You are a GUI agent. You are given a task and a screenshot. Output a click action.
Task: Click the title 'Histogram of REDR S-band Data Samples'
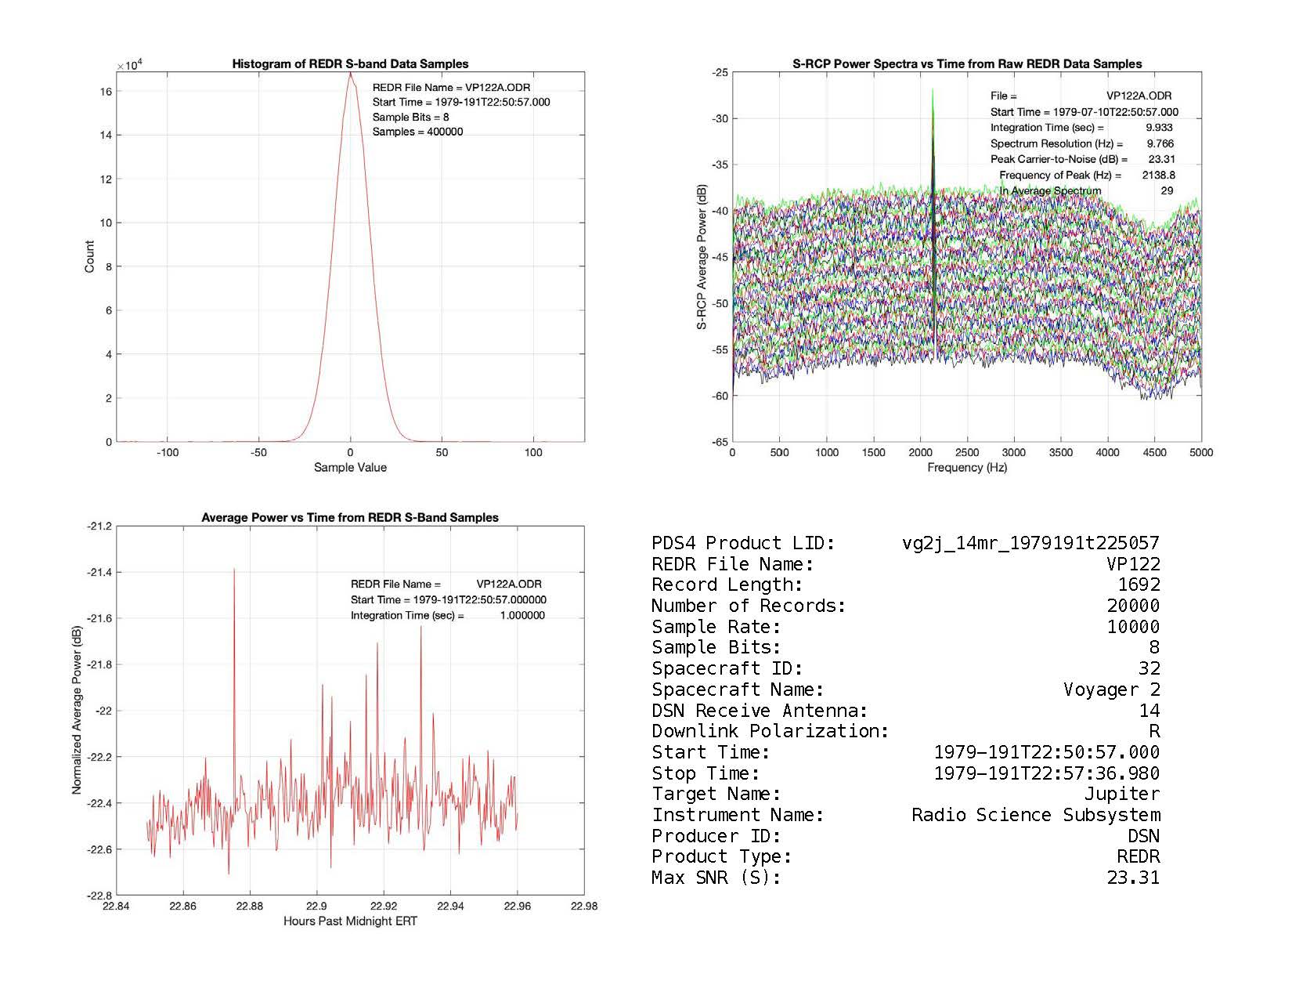(x=350, y=64)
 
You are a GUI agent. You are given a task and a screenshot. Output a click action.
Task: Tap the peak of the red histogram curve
(x=350, y=74)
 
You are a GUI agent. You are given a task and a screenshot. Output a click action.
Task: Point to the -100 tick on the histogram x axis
(x=168, y=452)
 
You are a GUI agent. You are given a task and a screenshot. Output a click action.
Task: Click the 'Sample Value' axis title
(x=350, y=468)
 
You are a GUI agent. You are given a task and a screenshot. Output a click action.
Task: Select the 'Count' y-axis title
(x=89, y=257)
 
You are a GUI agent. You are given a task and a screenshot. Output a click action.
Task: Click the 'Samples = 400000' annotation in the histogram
(x=417, y=132)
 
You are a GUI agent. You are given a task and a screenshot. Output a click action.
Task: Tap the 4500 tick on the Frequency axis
(x=1154, y=452)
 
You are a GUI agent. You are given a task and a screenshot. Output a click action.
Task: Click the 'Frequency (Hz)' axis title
(x=967, y=468)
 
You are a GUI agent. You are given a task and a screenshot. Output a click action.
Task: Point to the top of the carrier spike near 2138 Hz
(x=933, y=89)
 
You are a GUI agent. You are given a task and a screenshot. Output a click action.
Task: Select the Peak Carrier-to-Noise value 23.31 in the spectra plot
(x=1162, y=159)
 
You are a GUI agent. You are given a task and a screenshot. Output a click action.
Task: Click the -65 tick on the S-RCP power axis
(x=719, y=442)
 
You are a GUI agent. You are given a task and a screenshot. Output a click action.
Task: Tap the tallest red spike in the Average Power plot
(x=234, y=570)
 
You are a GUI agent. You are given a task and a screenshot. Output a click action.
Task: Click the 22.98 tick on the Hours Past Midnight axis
(x=583, y=906)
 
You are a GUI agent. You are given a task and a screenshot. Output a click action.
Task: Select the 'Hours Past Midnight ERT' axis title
(x=350, y=921)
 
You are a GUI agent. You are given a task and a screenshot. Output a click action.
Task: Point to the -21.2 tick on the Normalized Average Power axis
(x=99, y=527)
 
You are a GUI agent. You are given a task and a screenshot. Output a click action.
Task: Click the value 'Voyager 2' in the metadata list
(x=1111, y=690)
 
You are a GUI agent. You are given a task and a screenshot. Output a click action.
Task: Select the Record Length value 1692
(x=1139, y=585)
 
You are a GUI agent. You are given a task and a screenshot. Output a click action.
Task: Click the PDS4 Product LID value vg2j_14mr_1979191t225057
(x=1030, y=543)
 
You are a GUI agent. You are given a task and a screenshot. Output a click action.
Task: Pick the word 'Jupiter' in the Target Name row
(x=1121, y=794)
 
